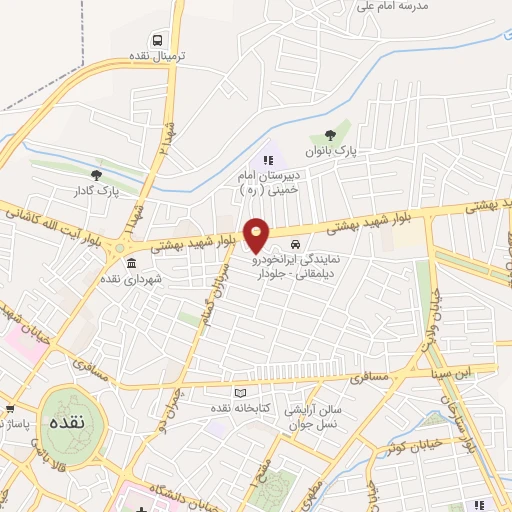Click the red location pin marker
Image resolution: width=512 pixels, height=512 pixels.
[257, 235]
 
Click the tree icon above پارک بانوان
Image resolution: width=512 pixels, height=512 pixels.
[331, 137]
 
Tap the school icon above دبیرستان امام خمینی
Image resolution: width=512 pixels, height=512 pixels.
[267, 159]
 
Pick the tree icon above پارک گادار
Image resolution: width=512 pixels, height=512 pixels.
[96, 175]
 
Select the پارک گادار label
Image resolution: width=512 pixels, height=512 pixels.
[96, 190]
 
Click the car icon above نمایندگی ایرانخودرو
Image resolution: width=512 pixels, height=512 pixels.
[294, 245]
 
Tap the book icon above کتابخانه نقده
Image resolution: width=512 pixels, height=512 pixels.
[238, 392]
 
